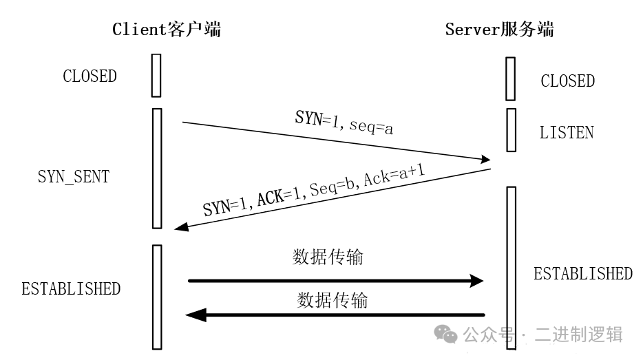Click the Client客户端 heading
point(167,29)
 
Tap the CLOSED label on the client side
point(89,76)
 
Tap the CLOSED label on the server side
point(567,81)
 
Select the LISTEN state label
point(567,132)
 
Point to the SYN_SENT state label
point(73,176)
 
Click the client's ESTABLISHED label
point(71,288)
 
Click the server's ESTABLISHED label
point(582,273)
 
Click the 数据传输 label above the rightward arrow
point(328,257)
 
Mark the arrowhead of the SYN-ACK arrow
point(182,228)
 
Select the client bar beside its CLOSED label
point(156,75)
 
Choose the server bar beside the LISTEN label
point(511,129)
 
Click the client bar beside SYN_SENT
point(156,168)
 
